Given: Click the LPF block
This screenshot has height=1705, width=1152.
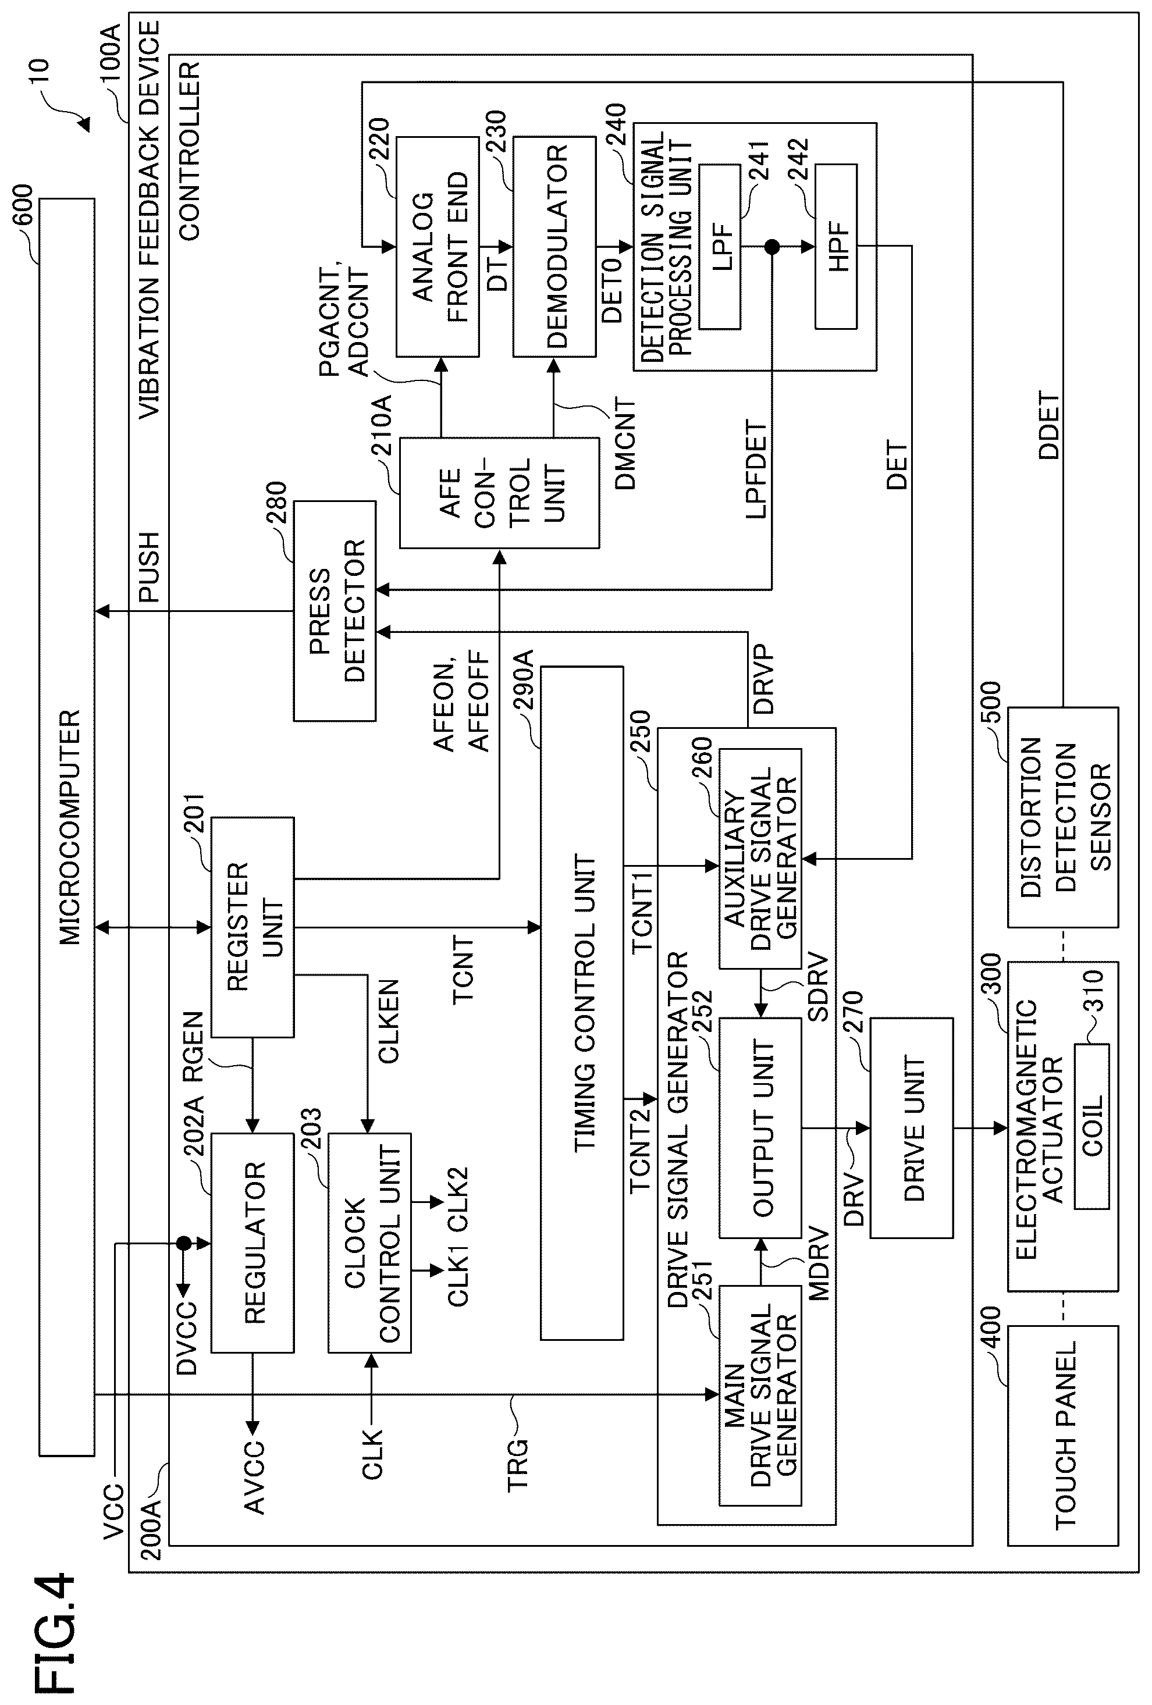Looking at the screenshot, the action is [x=720, y=247].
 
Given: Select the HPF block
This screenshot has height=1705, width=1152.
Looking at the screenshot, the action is [x=835, y=247].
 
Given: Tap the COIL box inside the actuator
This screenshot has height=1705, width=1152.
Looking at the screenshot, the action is [x=1091, y=1126].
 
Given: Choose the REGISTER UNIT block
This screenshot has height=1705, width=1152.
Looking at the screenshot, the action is [x=253, y=927].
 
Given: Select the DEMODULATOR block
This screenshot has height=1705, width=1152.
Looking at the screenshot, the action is [x=554, y=247].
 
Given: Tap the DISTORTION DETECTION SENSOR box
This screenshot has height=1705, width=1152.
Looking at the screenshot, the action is [x=1062, y=817].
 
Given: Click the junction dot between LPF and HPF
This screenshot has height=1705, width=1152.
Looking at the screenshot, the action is [x=772, y=247].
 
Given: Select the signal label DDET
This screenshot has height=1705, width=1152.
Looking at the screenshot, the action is [x=1048, y=426].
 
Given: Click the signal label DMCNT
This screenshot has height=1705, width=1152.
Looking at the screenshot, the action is [x=624, y=444].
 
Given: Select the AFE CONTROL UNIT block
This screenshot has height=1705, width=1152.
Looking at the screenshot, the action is [x=499, y=493].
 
